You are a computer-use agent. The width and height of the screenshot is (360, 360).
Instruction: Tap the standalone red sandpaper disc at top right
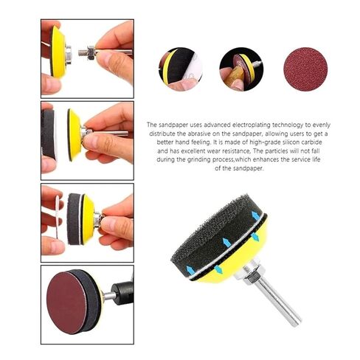coord(305,69)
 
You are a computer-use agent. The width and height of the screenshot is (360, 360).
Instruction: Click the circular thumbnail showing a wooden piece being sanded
coord(240,69)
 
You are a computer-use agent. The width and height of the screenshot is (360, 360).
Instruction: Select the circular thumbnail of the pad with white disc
coord(180,69)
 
